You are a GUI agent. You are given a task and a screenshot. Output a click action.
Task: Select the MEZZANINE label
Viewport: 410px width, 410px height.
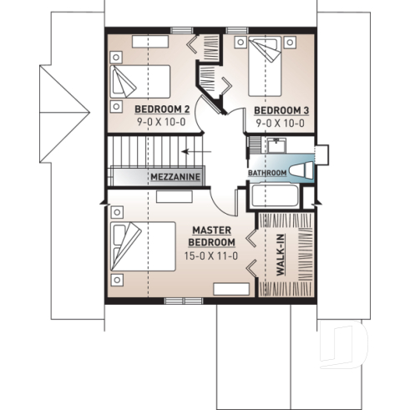(175, 178)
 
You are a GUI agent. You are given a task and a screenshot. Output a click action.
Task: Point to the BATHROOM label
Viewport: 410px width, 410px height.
(267, 173)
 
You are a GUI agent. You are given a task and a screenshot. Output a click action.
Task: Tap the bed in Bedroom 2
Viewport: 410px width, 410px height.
(139, 83)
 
